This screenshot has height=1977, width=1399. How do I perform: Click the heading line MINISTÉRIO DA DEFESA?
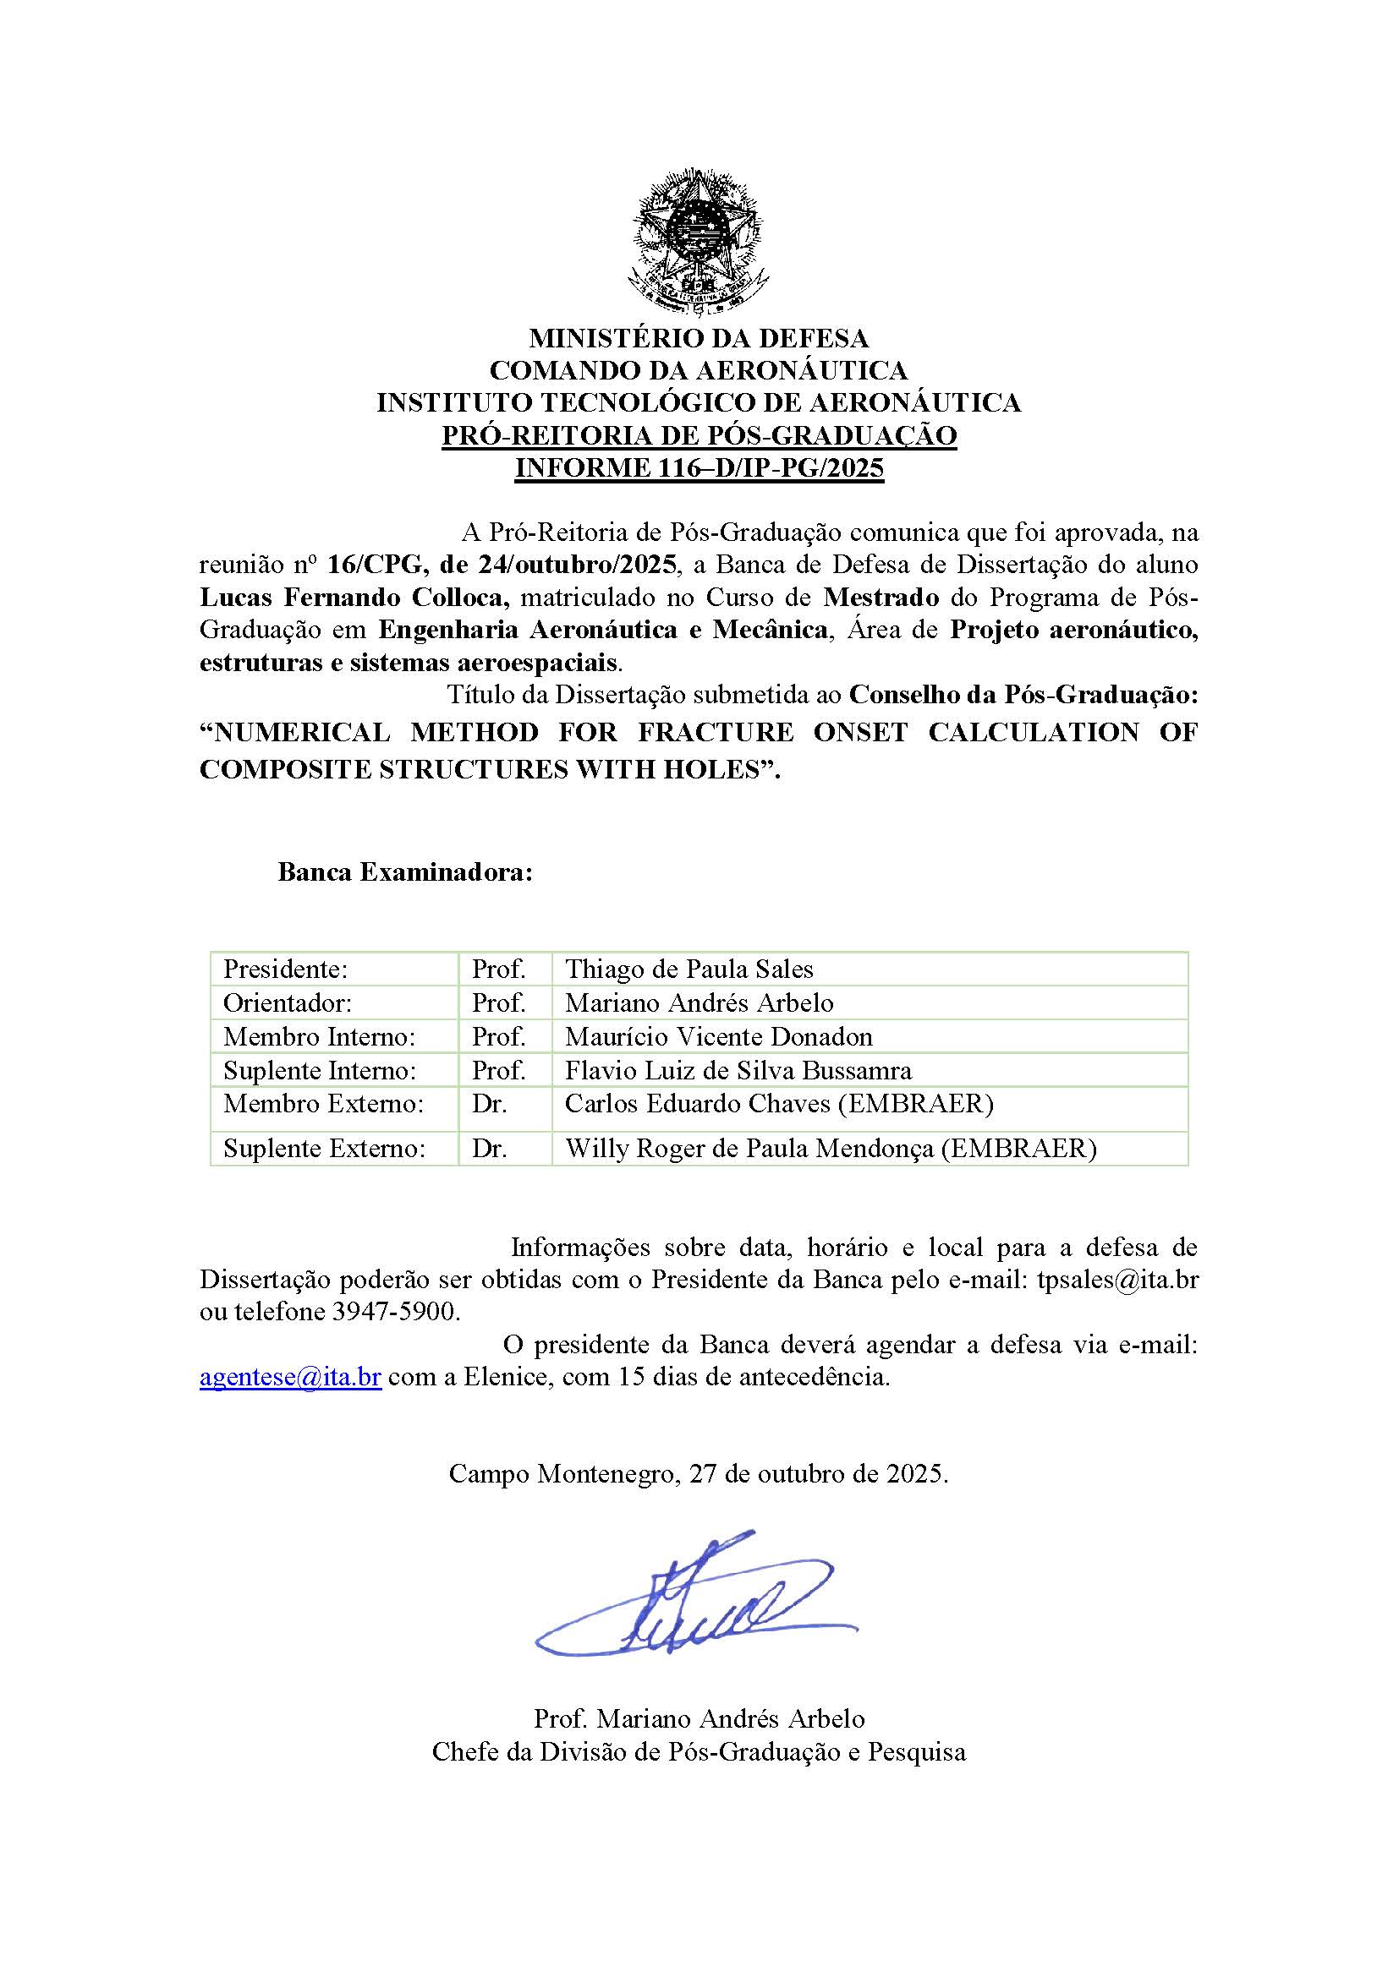click(699, 337)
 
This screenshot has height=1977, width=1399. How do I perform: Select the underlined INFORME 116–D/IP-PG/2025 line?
click(699, 468)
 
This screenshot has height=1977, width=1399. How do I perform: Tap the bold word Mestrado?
click(881, 598)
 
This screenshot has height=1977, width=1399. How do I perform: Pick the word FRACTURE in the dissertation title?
click(715, 732)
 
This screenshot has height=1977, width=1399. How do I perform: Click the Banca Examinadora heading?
click(405, 872)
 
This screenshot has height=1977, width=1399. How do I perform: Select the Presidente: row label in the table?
click(285, 969)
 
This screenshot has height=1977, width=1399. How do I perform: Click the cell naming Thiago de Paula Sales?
click(689, 969)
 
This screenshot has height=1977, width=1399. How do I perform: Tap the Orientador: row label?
click(288, 1003)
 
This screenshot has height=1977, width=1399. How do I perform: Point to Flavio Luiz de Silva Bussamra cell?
click(738, 1070)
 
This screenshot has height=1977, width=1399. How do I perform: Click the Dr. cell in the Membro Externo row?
click(489, 1104)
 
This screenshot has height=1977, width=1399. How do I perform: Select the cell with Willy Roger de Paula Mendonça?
click(831, 1149)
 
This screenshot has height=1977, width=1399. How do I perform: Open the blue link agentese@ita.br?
click(290, 1377)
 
